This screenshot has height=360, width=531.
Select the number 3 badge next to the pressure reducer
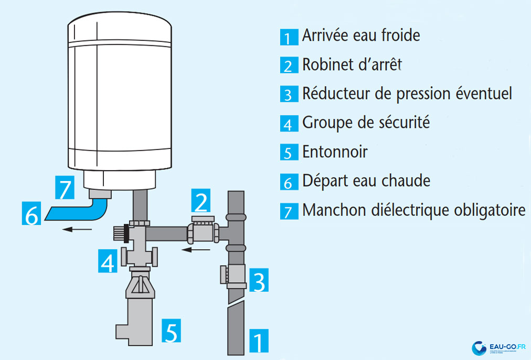(258, 281)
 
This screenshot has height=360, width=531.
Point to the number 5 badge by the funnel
(172, 330)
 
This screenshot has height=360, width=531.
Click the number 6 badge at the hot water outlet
(31, 215)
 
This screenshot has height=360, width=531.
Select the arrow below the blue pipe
(76, 229)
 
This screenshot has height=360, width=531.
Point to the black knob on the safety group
(125, 231)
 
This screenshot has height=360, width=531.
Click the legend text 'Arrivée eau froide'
(361, 36)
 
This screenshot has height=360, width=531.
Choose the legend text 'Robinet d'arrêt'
(352, 65)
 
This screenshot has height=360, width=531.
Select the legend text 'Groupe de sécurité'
(366, 123)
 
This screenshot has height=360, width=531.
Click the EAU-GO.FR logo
(498, 348)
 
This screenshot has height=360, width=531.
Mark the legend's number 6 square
(287, 182)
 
